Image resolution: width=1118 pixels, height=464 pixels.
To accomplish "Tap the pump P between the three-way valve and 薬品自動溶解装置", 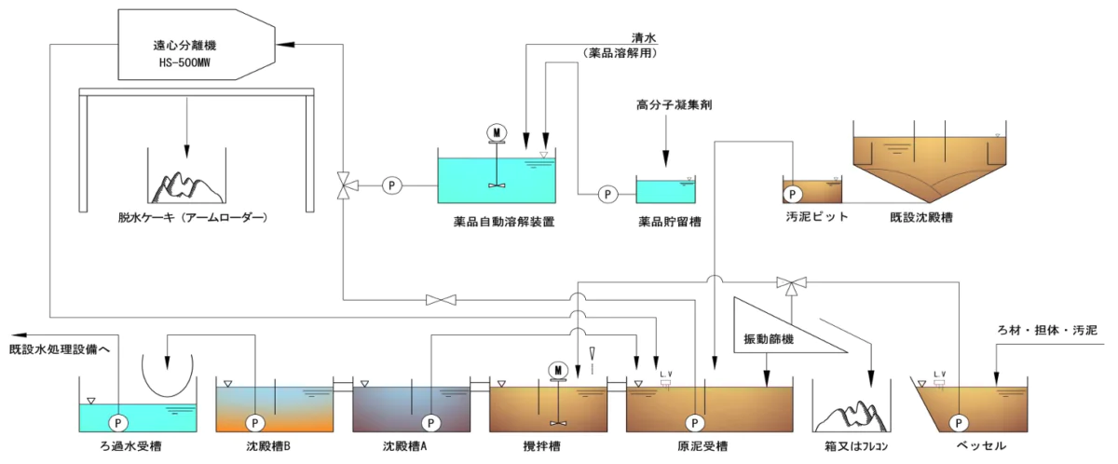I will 391,185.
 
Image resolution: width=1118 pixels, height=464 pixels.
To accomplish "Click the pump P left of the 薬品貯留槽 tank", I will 607,194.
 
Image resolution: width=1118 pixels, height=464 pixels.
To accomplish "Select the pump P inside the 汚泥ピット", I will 793,194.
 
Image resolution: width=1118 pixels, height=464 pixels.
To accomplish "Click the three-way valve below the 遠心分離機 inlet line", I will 345,185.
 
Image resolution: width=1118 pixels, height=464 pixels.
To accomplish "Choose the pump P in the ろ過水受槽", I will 118,421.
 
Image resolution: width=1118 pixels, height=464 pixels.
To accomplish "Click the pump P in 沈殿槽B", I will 254,421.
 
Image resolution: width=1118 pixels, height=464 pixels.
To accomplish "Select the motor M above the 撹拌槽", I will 558,370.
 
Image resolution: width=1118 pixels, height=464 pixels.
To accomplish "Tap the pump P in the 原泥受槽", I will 693,421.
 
